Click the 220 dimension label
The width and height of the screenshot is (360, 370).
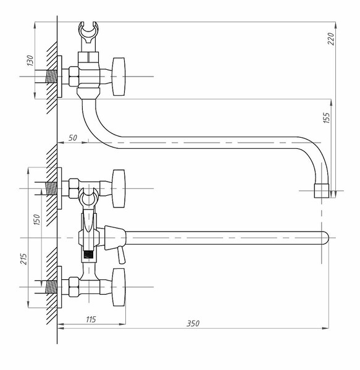point(331,39)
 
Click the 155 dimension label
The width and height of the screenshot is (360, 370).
point(326,117)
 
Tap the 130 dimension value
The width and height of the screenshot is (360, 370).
point(30,61)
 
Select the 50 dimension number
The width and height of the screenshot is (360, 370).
point(73,138)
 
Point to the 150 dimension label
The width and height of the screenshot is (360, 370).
point(37,219)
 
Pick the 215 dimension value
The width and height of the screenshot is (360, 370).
point(23,259)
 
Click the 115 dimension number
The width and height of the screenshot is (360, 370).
point(91,319)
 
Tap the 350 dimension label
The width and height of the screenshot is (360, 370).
point(193,323)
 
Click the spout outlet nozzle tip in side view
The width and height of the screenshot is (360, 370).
point(321,191)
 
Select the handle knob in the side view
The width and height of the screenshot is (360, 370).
point(119,77)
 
